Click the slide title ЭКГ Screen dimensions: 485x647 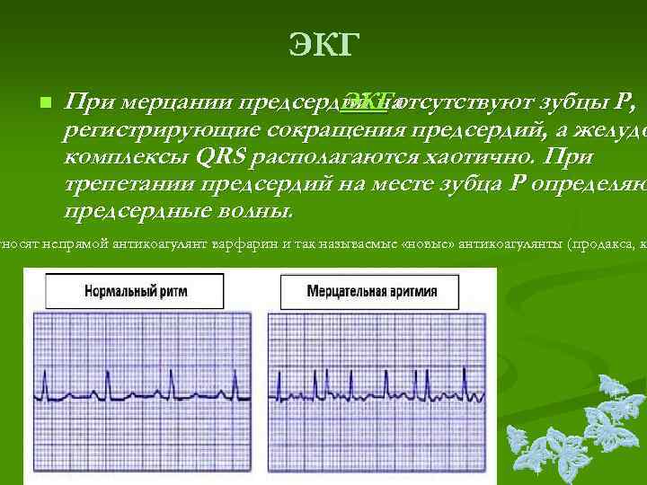[x=324, y=44]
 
